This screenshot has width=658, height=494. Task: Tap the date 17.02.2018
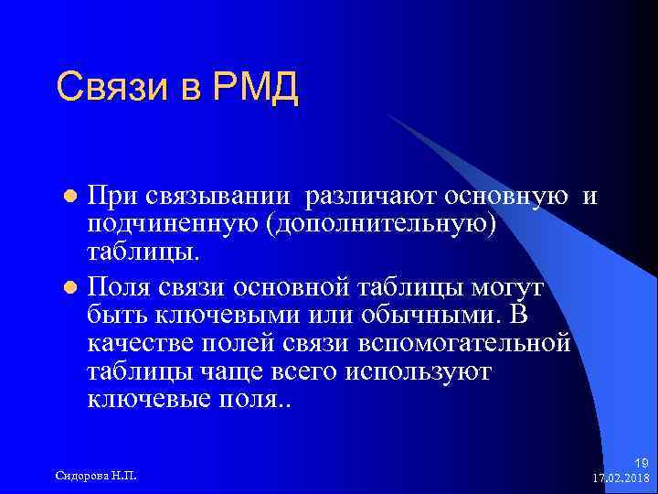(x=621, y=478)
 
